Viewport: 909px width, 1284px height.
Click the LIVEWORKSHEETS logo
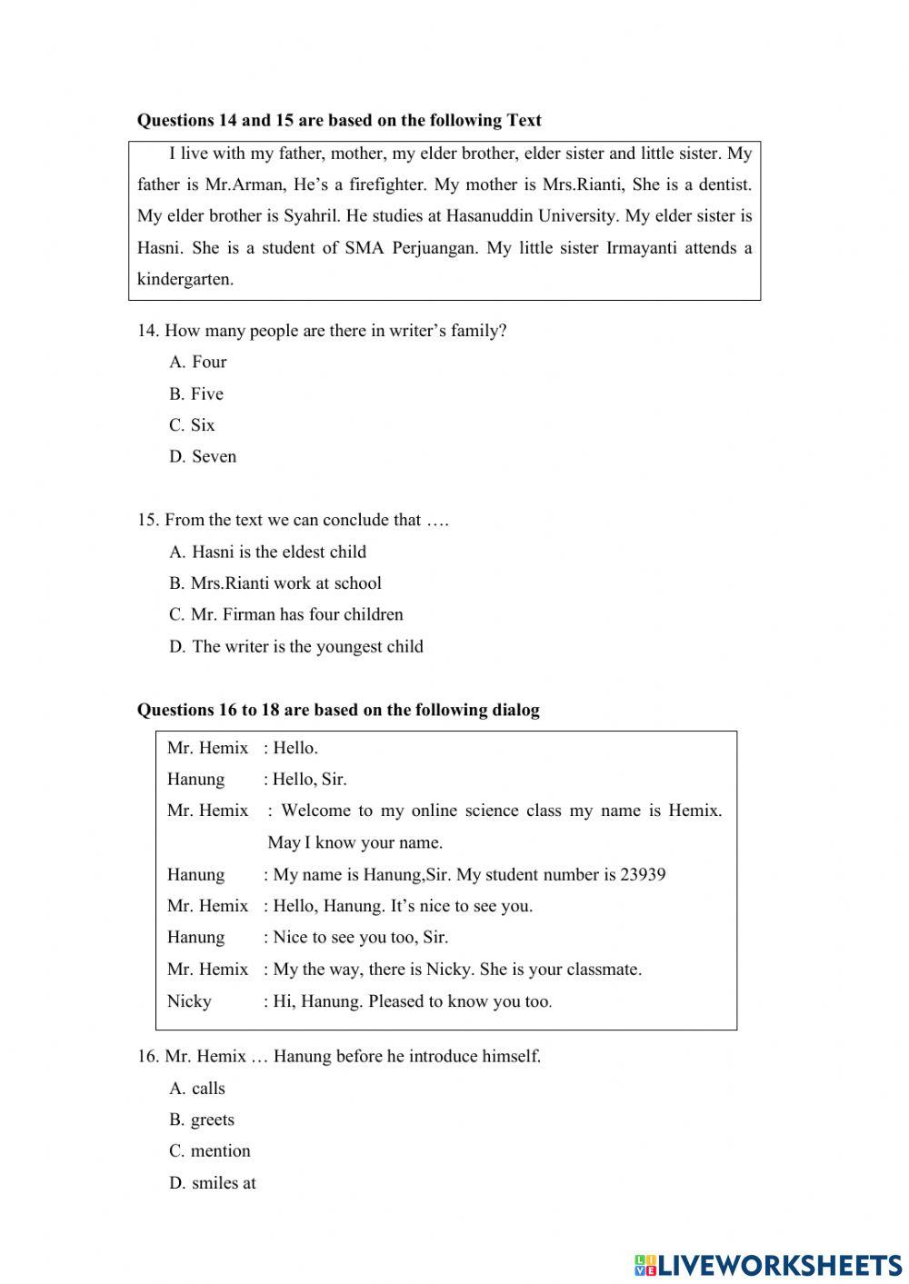pos(768,1264)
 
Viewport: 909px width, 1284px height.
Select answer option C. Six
pos(192,425)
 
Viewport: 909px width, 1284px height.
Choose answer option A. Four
pos(197,362)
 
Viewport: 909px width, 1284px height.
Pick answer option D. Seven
pos(203,456)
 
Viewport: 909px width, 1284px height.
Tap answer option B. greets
pos(202,1120)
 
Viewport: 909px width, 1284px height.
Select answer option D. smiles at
pos(213,1182)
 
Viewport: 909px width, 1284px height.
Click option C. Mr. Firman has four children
pos(286,614)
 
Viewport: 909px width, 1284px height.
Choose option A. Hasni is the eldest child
pos(268,552)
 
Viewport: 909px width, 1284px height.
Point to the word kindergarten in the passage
pos(185,279)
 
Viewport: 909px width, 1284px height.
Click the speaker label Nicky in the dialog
pos(189,1000)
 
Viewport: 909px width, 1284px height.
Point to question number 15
pos(147,520)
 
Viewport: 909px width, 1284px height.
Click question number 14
pos(147,331)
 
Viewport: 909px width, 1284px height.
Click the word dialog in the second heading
pos(514,710)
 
